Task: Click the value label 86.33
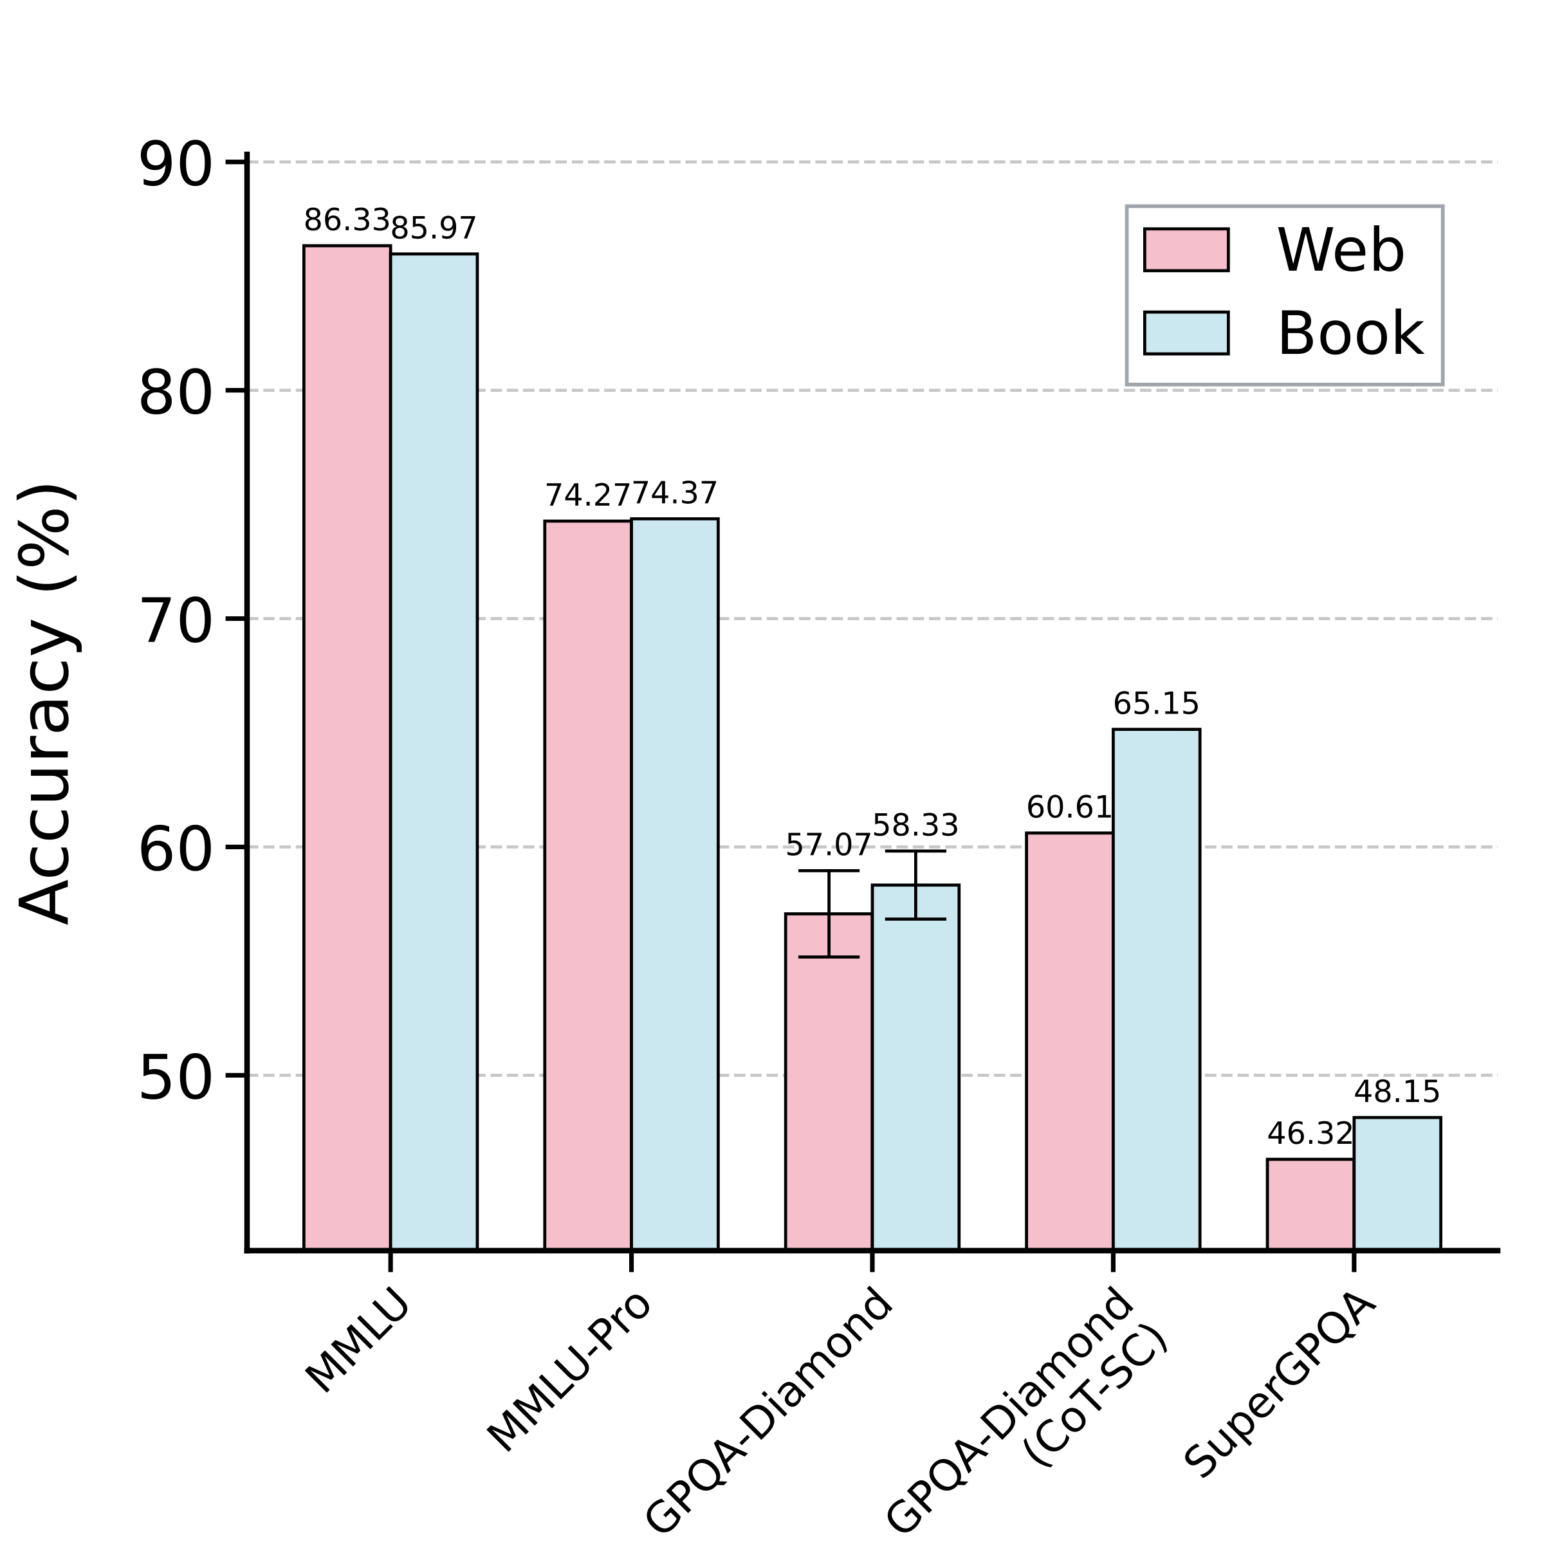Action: point(346,221)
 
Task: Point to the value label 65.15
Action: point(1157,704)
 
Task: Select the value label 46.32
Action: point(1310,1133)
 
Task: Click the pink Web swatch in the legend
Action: point(1186,250)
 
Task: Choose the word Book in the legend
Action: point(1350,333)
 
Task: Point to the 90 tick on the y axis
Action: point(176,165)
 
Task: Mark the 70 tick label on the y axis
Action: point(176,623)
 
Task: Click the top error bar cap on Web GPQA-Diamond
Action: point(829,870)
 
